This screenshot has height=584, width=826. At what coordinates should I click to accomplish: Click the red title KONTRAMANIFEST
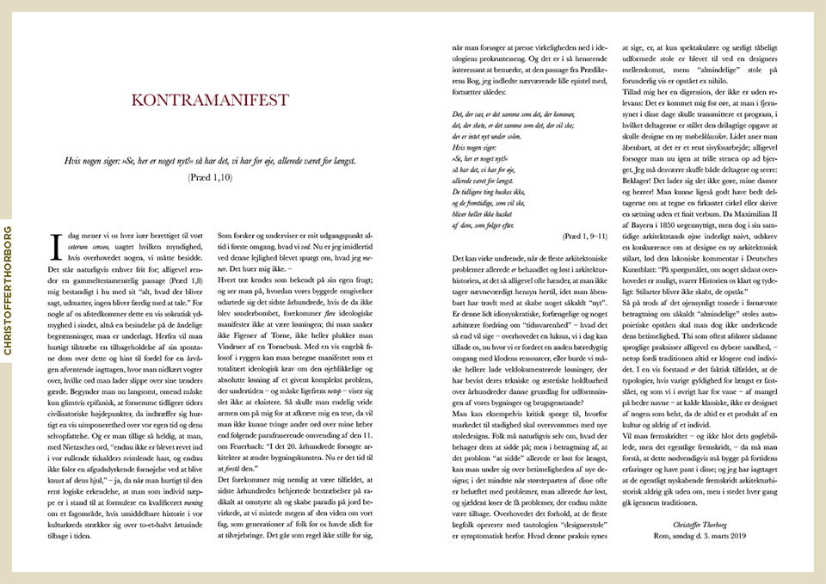[210, 101]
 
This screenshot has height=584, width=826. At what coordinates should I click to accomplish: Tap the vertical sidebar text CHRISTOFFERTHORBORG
[8, 291]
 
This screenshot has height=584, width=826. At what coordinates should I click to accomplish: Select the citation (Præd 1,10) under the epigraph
[210, 177]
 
